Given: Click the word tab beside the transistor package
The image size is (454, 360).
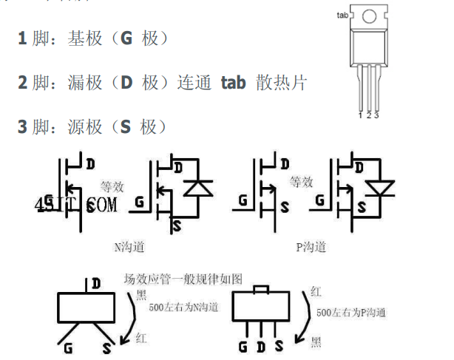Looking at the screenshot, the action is [x=342, y=15].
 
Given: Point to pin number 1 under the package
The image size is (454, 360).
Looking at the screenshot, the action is [x=360, y=115].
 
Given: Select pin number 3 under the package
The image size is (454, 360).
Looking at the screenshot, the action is [x=376, y=115].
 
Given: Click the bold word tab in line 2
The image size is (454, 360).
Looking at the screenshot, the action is [x=234, y=83].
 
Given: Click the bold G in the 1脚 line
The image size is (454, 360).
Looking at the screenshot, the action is [x=126, y=38].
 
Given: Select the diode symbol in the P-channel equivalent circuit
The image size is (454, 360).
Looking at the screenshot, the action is [x=381, y=189].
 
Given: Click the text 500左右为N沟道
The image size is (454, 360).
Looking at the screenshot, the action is [x=183, y=307].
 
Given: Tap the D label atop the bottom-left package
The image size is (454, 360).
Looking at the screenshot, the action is [x=96, y=283].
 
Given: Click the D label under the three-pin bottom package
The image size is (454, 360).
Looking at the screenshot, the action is [x=261, y=345].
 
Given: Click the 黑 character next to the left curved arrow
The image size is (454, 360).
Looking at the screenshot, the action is [x=140, y=295].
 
